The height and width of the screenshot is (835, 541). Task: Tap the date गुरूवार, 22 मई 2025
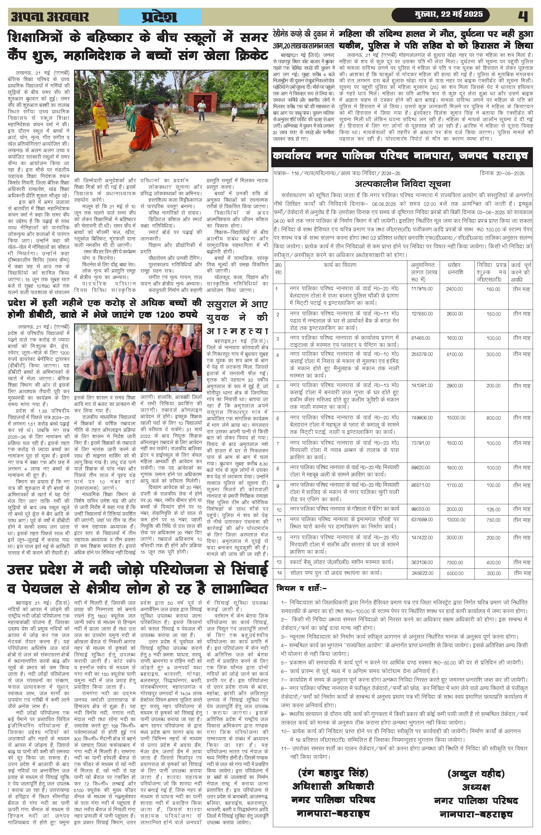pos(448,15)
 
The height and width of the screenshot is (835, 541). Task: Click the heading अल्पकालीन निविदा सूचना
pos(403,184)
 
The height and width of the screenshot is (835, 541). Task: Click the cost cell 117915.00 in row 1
pos(422,289)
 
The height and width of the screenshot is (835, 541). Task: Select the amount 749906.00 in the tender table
pos(422,417)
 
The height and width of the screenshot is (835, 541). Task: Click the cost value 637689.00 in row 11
pos(422,520)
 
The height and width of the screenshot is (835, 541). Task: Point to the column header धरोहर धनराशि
pos(455,268)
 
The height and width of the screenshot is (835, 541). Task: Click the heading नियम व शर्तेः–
pos(302,588)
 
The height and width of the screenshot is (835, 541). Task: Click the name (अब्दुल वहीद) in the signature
pos(476,774)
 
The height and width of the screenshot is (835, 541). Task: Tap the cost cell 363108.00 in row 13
pos(422,562)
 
